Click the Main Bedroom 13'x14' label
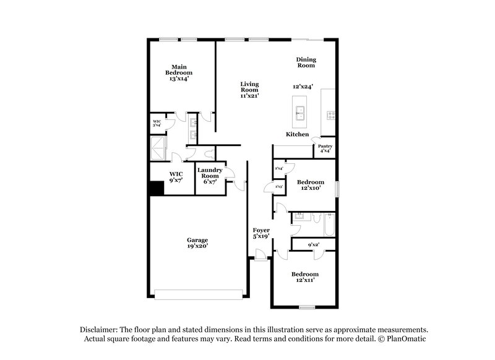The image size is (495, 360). coord(179,73)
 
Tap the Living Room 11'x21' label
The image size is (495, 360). coord(249,90)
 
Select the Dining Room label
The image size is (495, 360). coord(306,62)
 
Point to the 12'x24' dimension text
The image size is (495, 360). coord(308,87)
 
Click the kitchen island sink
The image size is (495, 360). coord(300,112)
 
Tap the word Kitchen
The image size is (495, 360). coord(297,134)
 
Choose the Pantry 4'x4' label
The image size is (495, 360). coord(325,148)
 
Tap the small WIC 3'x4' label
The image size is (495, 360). coord(157,123)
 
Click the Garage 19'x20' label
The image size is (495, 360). coord(197,242)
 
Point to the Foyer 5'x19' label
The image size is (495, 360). coord(262,233)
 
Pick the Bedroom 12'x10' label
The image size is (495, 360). coord(309,185)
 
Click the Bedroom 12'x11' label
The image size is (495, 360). coord(305,277)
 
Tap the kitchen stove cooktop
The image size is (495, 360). coord(330,114)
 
